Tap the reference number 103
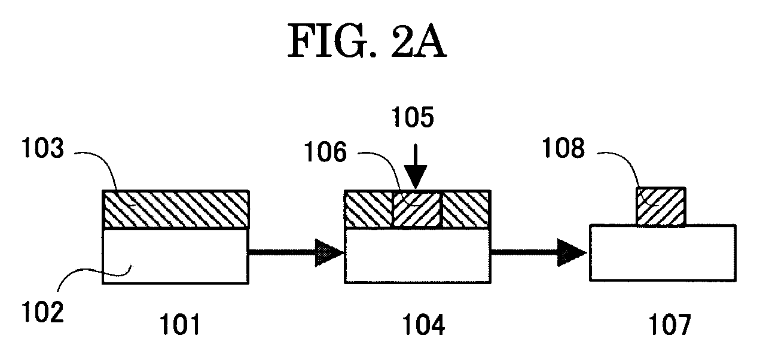(42, 148)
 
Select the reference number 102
(42, 313)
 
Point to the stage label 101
(179, 325)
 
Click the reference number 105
(413, 117)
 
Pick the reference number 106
(325, 152)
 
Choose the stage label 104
(424, 325)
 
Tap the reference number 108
(563, 148)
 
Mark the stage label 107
(670, 325)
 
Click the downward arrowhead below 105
(416, 176)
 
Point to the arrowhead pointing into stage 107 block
(572, 253)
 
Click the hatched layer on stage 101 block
(176, 209)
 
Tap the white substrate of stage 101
(176, 256)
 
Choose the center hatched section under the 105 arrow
(417, 209)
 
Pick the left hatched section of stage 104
(369, 209)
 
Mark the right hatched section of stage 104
(466, 209)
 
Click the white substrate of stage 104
(417, 255)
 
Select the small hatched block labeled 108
(661, 206)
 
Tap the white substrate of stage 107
(663, 253)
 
